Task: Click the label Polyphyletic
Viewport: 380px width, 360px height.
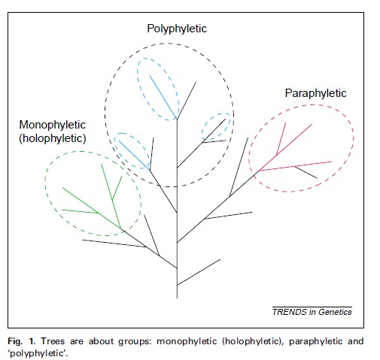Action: point(177,29)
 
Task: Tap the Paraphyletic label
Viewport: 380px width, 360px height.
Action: point(315,93)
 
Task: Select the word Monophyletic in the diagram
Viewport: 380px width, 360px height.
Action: point(53,125)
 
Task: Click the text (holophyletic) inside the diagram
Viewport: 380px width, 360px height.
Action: point(53,138)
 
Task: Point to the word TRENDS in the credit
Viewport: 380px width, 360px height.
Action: point(290,312)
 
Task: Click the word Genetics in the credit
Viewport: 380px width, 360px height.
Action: point(335,312)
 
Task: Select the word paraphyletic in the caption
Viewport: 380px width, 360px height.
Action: point(315,342)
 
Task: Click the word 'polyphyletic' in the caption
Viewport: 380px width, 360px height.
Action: point(38,353)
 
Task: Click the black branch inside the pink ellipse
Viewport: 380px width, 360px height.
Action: point(306,172)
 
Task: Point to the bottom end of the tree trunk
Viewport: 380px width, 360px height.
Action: point(177,298)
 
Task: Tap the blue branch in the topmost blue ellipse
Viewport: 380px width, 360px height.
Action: point(163,97)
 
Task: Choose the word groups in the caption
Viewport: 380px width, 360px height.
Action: point(135,342)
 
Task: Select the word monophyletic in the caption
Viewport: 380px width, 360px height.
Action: point(187,342)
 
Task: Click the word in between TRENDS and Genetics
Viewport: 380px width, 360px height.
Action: point(312,312)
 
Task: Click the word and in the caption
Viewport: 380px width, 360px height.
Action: point(355,341)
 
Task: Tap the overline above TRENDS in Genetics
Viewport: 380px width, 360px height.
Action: point(312,307)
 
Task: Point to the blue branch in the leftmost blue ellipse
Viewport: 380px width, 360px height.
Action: point(134,156)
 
